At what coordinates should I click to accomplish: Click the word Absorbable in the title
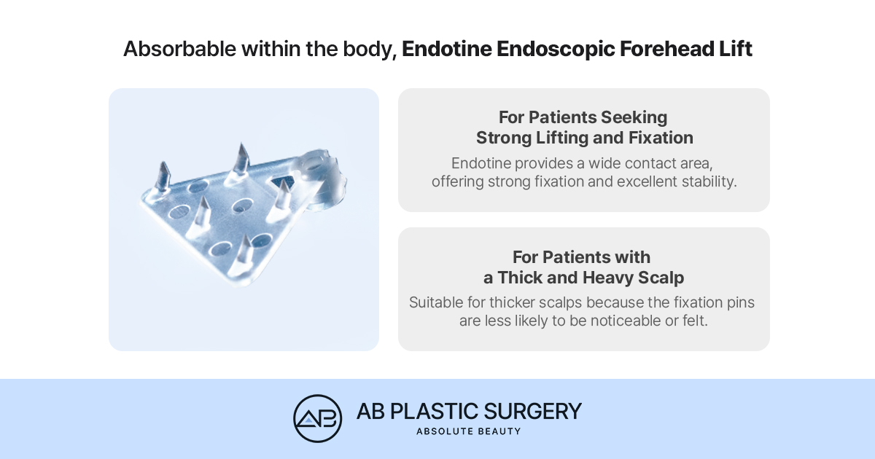click(x=179, y=50)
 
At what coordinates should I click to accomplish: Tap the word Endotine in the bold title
click(x=447, y=50)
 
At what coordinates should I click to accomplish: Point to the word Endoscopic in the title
click(x=556, y=50)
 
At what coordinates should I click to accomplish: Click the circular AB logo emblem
click(x=318, y=418)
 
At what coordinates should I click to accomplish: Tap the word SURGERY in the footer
click(x=532, y=412)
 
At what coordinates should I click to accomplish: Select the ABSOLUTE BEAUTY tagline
click(x=468, y=431)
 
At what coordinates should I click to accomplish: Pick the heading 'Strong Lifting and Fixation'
click(x=584, y=138)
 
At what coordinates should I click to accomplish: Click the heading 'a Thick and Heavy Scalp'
click(x=583, y=278)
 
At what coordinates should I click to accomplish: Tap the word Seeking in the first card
click(x=634, y=117)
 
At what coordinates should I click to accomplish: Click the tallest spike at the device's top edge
click(x=240, y=161)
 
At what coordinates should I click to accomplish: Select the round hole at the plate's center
click(x=242, y=205)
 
